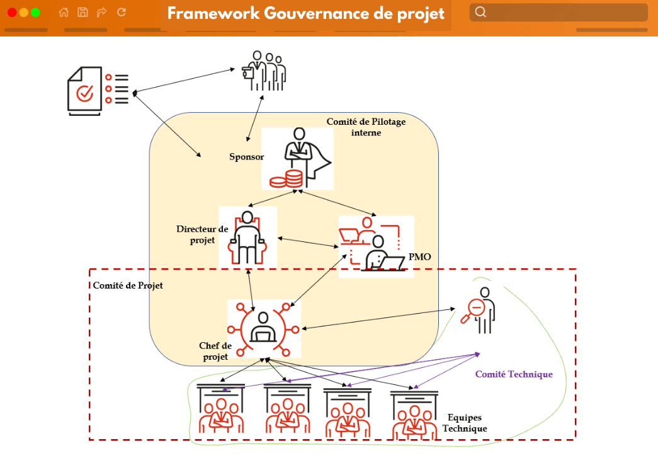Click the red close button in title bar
[11, 12]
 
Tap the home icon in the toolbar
[64, 12]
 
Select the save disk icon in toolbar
[82, 12]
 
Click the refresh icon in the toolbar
[122, 12]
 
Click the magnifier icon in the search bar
[480, 12]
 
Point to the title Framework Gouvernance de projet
[306, 14]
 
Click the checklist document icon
[98, 92]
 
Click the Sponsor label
[246, 157]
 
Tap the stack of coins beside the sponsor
[285, 179]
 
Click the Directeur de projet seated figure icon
[247, 236]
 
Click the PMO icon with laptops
[376, 246]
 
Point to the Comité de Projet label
[128, 285]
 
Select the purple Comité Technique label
[514, 374]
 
